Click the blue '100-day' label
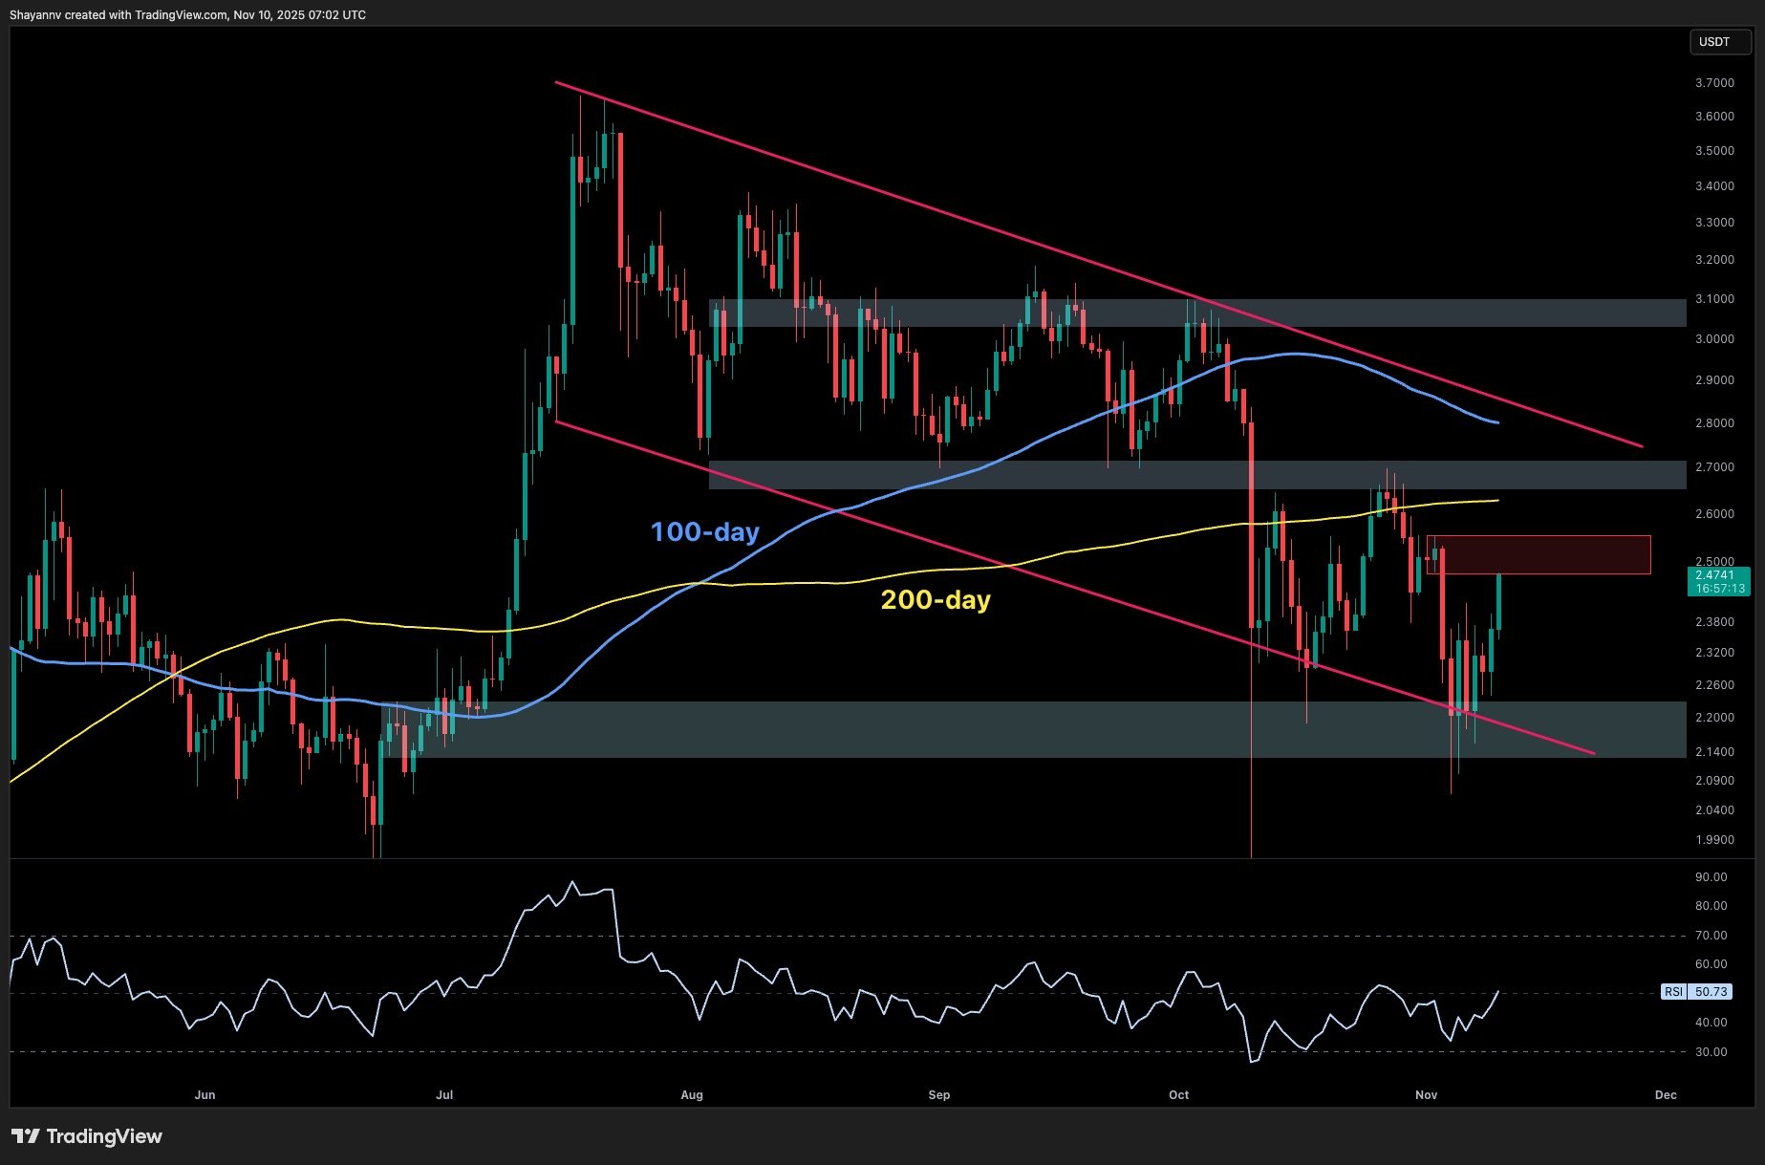704,531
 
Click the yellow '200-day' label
935,599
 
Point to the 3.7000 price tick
1714,83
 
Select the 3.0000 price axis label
1714,339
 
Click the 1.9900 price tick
1714,840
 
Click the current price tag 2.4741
1714,574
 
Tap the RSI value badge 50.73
1710,992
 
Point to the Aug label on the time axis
692,1095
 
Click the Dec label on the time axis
1666,1095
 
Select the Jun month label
204,1095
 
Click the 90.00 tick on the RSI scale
1711,877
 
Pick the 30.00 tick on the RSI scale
1711,1052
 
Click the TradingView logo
87,1136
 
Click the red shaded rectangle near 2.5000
1539,554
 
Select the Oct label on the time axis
1178,1095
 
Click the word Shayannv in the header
35,15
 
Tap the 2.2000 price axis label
1714,718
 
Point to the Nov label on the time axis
1426,1095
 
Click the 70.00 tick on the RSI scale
1711,936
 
